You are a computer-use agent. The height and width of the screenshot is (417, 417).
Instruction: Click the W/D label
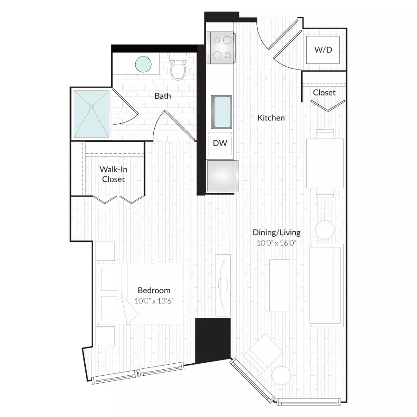click(x=323, y=49)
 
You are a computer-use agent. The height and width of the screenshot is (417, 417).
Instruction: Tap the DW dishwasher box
click(x=220, y=143)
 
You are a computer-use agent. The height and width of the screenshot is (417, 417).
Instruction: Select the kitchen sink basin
click(x=221, y=112)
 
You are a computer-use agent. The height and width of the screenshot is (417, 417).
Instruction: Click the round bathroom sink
click(x=143, y=64)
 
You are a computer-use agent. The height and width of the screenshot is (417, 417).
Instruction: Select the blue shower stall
click(x=92, y=114)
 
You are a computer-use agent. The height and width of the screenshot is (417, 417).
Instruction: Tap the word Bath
click(x=163, y=96)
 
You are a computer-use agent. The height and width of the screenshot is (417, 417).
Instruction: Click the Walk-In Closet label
click(x=114, y=174)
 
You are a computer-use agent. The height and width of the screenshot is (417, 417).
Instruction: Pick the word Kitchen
click(x=271, y=118)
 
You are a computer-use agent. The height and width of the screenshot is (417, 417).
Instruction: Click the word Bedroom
click(x=154, y=291)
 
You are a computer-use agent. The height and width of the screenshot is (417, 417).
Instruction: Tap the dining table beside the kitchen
click(x=325, y=163)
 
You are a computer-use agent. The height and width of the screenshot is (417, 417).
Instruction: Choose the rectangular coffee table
click(x=279, y=285)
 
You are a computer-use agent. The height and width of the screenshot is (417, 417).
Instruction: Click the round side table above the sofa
click(x=325, y=230)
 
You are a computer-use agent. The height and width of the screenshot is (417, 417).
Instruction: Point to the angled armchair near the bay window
click(x=263, y=352)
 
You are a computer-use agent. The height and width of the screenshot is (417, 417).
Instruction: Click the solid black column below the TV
click(x=213, y=339)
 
